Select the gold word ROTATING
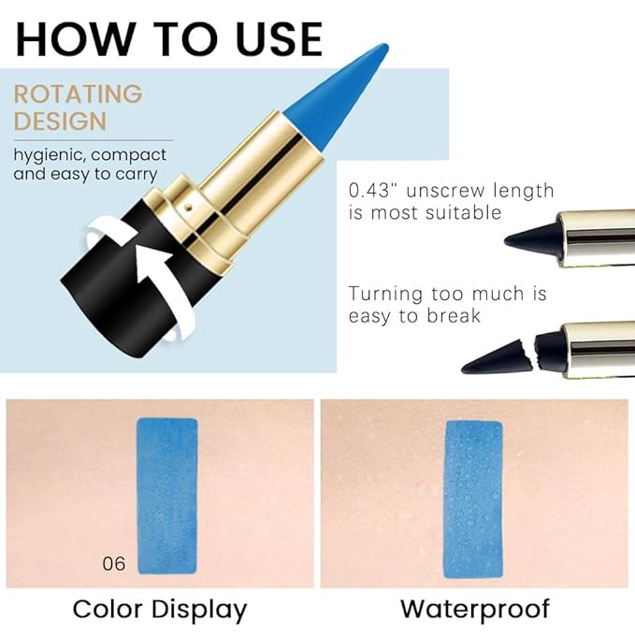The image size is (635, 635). (x=79, y=94)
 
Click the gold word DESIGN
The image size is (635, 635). (x=60, y=122)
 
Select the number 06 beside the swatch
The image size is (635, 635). (x=114, y=563)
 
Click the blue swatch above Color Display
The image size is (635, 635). (x=167, y=495)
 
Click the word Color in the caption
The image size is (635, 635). (x=108, y=610)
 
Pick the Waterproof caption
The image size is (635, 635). (x=475, y=610)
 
